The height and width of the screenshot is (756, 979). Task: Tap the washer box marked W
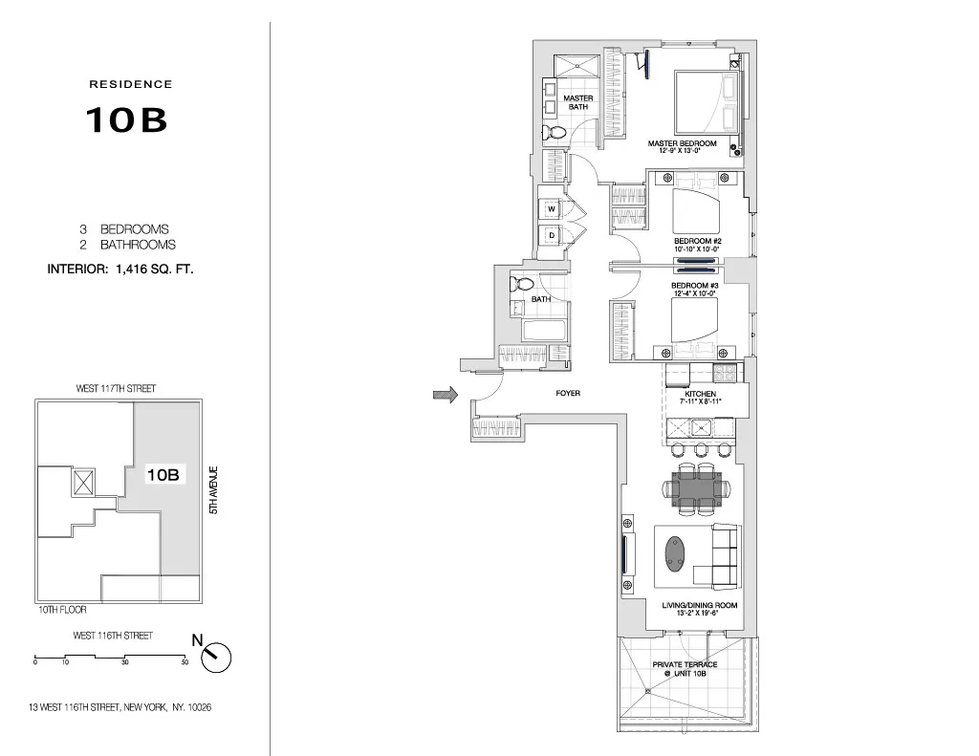tap(552, 209)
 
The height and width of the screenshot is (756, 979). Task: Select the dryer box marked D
tap(552, 235)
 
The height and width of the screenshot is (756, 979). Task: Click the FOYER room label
tap(568, 393)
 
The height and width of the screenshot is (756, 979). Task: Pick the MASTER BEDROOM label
tap(682, 144)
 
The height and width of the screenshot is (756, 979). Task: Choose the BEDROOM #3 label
tap(694, 286)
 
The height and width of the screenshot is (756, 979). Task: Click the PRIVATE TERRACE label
tap(685, 664)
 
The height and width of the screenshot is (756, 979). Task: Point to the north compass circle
tap(218, 657)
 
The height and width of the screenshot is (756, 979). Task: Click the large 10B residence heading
tap(127, 119)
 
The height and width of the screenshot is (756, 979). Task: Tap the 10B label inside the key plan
tap(163, 474)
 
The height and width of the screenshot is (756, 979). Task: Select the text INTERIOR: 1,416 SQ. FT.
tap(120, 270)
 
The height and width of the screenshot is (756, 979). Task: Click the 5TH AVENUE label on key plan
tap(215, 491)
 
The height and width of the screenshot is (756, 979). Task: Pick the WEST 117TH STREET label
tap(116, 389)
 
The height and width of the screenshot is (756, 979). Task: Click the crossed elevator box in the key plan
tap(83, 482)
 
